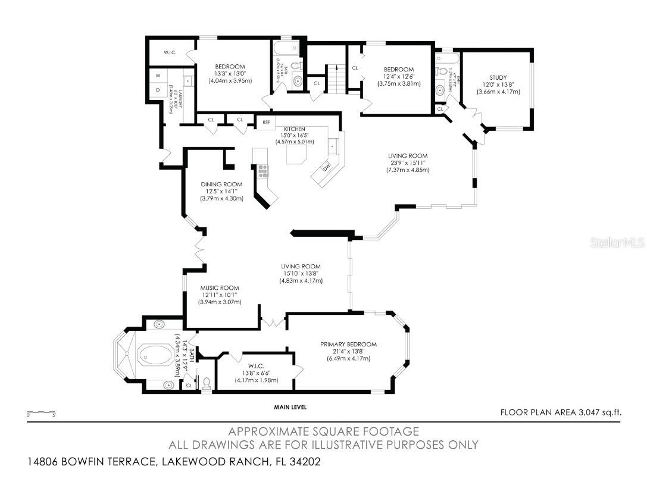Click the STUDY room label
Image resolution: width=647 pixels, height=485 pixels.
click(498, 77)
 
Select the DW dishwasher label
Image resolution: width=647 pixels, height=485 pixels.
click(327, 167)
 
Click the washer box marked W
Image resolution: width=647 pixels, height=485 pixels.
click(158, 76)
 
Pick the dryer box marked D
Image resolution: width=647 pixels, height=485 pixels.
click(158, 90)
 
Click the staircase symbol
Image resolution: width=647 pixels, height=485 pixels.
click(337, 78)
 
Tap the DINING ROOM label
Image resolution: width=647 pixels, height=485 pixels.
click(221, 184)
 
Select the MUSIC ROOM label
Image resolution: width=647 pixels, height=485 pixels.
click(220, 287)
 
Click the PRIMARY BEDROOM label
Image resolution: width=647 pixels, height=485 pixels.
click(348, 344)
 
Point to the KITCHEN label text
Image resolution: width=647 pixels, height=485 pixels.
click(294, 129)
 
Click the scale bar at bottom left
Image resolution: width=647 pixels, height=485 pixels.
click(41, 411)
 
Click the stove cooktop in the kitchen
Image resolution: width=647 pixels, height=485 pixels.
click(261, 171)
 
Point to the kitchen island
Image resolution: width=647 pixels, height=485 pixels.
click(297, 156)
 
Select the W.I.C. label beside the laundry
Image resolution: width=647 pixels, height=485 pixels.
click(171, 51)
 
